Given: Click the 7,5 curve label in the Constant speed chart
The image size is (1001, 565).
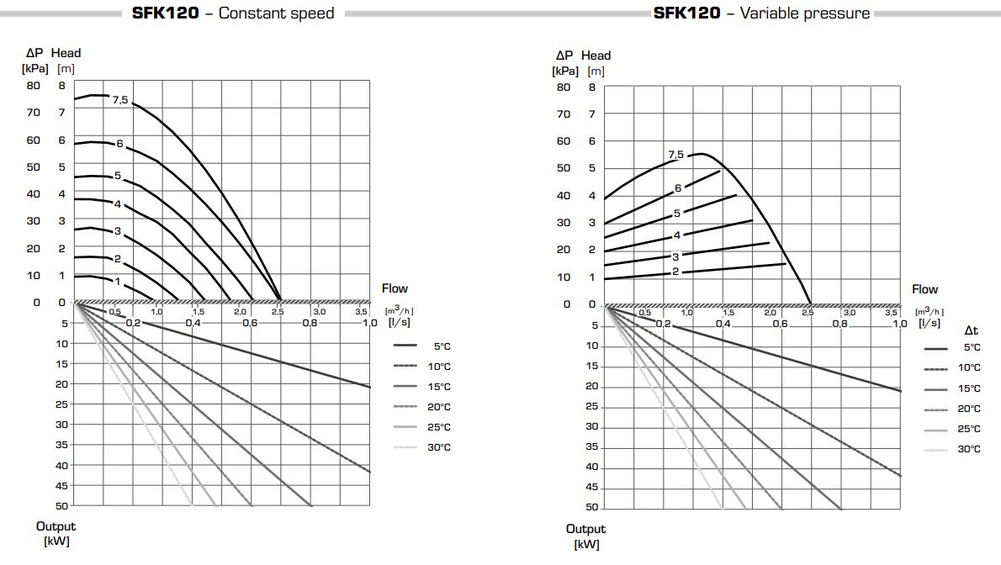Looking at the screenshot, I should [120, 101].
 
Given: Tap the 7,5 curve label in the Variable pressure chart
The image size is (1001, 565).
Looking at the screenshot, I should [676, 155].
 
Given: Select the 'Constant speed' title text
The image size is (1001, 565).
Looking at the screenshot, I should [276, 13].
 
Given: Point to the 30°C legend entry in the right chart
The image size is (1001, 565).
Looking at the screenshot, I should [969, 450].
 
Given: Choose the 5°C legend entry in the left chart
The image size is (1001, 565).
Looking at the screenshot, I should [442, 346].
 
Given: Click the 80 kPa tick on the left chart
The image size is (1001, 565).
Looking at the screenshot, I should [34, 85].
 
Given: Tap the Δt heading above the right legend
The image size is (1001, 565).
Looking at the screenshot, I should [971, 331].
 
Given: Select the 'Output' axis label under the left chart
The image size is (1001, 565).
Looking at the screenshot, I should [56, 526].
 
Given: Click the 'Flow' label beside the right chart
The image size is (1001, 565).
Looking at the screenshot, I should [925, 289].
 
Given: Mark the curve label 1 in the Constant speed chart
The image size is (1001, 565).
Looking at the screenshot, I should [118, 282].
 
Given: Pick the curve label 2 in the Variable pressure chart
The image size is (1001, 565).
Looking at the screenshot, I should [675, 272].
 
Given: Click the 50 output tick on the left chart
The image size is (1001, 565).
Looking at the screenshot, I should [62, 505].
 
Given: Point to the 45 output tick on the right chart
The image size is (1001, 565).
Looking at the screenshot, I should [591, 488].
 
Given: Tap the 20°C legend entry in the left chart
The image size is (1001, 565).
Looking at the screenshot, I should [439, 407].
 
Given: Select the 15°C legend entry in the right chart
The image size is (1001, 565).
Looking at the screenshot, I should [969, 388].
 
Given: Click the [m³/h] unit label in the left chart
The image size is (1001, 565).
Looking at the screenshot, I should [399, 310].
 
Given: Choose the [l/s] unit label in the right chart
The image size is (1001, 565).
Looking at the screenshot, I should [929, 324].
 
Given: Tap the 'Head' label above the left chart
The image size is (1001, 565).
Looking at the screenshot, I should [66, 53].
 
